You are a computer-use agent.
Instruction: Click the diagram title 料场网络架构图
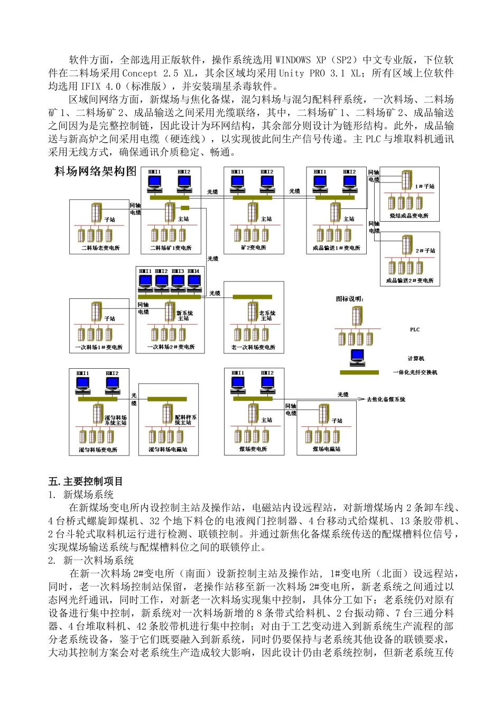click(96, 171)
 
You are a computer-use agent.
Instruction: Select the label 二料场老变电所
click(100, 248)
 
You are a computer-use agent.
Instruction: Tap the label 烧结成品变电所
click(410, 216)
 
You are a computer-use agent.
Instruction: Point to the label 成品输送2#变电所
click(410, 281)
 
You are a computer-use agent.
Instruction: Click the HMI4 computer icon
click(194, 282)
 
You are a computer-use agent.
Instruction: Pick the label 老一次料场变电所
click(253, 348)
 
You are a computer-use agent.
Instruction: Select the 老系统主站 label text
click(267, 316)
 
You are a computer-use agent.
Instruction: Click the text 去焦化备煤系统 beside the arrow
click(386, 399)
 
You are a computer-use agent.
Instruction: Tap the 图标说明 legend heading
click(350, 299)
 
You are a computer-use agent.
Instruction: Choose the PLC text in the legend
click(415, 330)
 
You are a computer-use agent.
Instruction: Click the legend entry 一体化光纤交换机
click(415, 372)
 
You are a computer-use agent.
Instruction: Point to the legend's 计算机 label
click(416, 359)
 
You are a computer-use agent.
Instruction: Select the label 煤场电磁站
click(327, 449)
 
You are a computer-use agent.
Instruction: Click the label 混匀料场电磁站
click(168, 450)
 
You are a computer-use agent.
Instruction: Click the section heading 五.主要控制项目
click(86, 481)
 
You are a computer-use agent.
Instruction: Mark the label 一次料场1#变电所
click(99, 348)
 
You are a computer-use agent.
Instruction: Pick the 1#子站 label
click(425, 187)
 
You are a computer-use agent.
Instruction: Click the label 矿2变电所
click(254, 248)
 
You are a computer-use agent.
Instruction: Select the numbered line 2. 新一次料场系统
click(91, 560)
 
